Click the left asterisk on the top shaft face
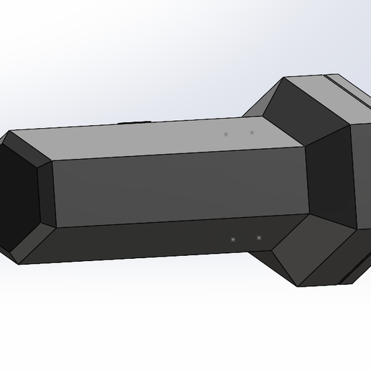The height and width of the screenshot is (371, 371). point(226,134)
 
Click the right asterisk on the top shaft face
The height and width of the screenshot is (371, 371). point(252,132)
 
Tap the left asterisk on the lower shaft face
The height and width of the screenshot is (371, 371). point(233,239)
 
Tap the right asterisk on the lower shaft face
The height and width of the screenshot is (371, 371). point(259,238)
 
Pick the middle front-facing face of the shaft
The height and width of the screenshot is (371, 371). point(180,187)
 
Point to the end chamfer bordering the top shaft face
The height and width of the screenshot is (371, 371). point(29,147)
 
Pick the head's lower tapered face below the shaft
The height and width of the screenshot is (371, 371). point(316,252)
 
